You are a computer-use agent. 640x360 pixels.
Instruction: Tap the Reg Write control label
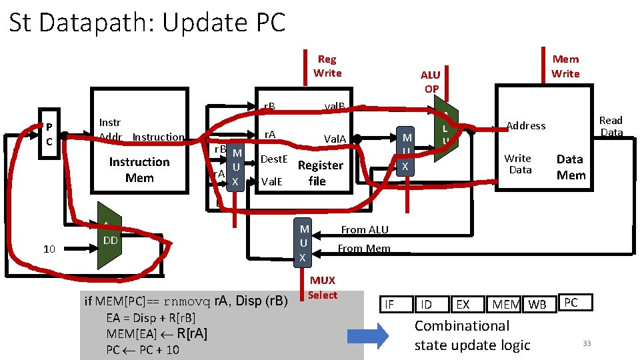327,66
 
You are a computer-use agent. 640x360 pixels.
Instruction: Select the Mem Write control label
565,66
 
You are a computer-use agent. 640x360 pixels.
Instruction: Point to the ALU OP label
430,81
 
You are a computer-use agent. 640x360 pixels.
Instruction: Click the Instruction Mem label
139,170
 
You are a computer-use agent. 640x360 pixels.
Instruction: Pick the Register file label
320,173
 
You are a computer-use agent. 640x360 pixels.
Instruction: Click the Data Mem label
571,167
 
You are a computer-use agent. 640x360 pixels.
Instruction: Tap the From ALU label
364,229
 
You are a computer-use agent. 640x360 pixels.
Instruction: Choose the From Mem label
363,249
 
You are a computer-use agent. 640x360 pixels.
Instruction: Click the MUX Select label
323,287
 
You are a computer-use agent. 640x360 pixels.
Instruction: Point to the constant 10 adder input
49,249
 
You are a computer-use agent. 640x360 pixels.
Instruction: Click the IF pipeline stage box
390,305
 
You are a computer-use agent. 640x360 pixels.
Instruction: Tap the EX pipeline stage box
463,305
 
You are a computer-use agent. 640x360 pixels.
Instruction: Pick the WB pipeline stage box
537,305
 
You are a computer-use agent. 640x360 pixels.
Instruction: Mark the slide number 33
587,343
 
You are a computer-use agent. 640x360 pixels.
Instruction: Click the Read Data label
611,126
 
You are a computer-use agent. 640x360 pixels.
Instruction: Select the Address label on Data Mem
526,125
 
